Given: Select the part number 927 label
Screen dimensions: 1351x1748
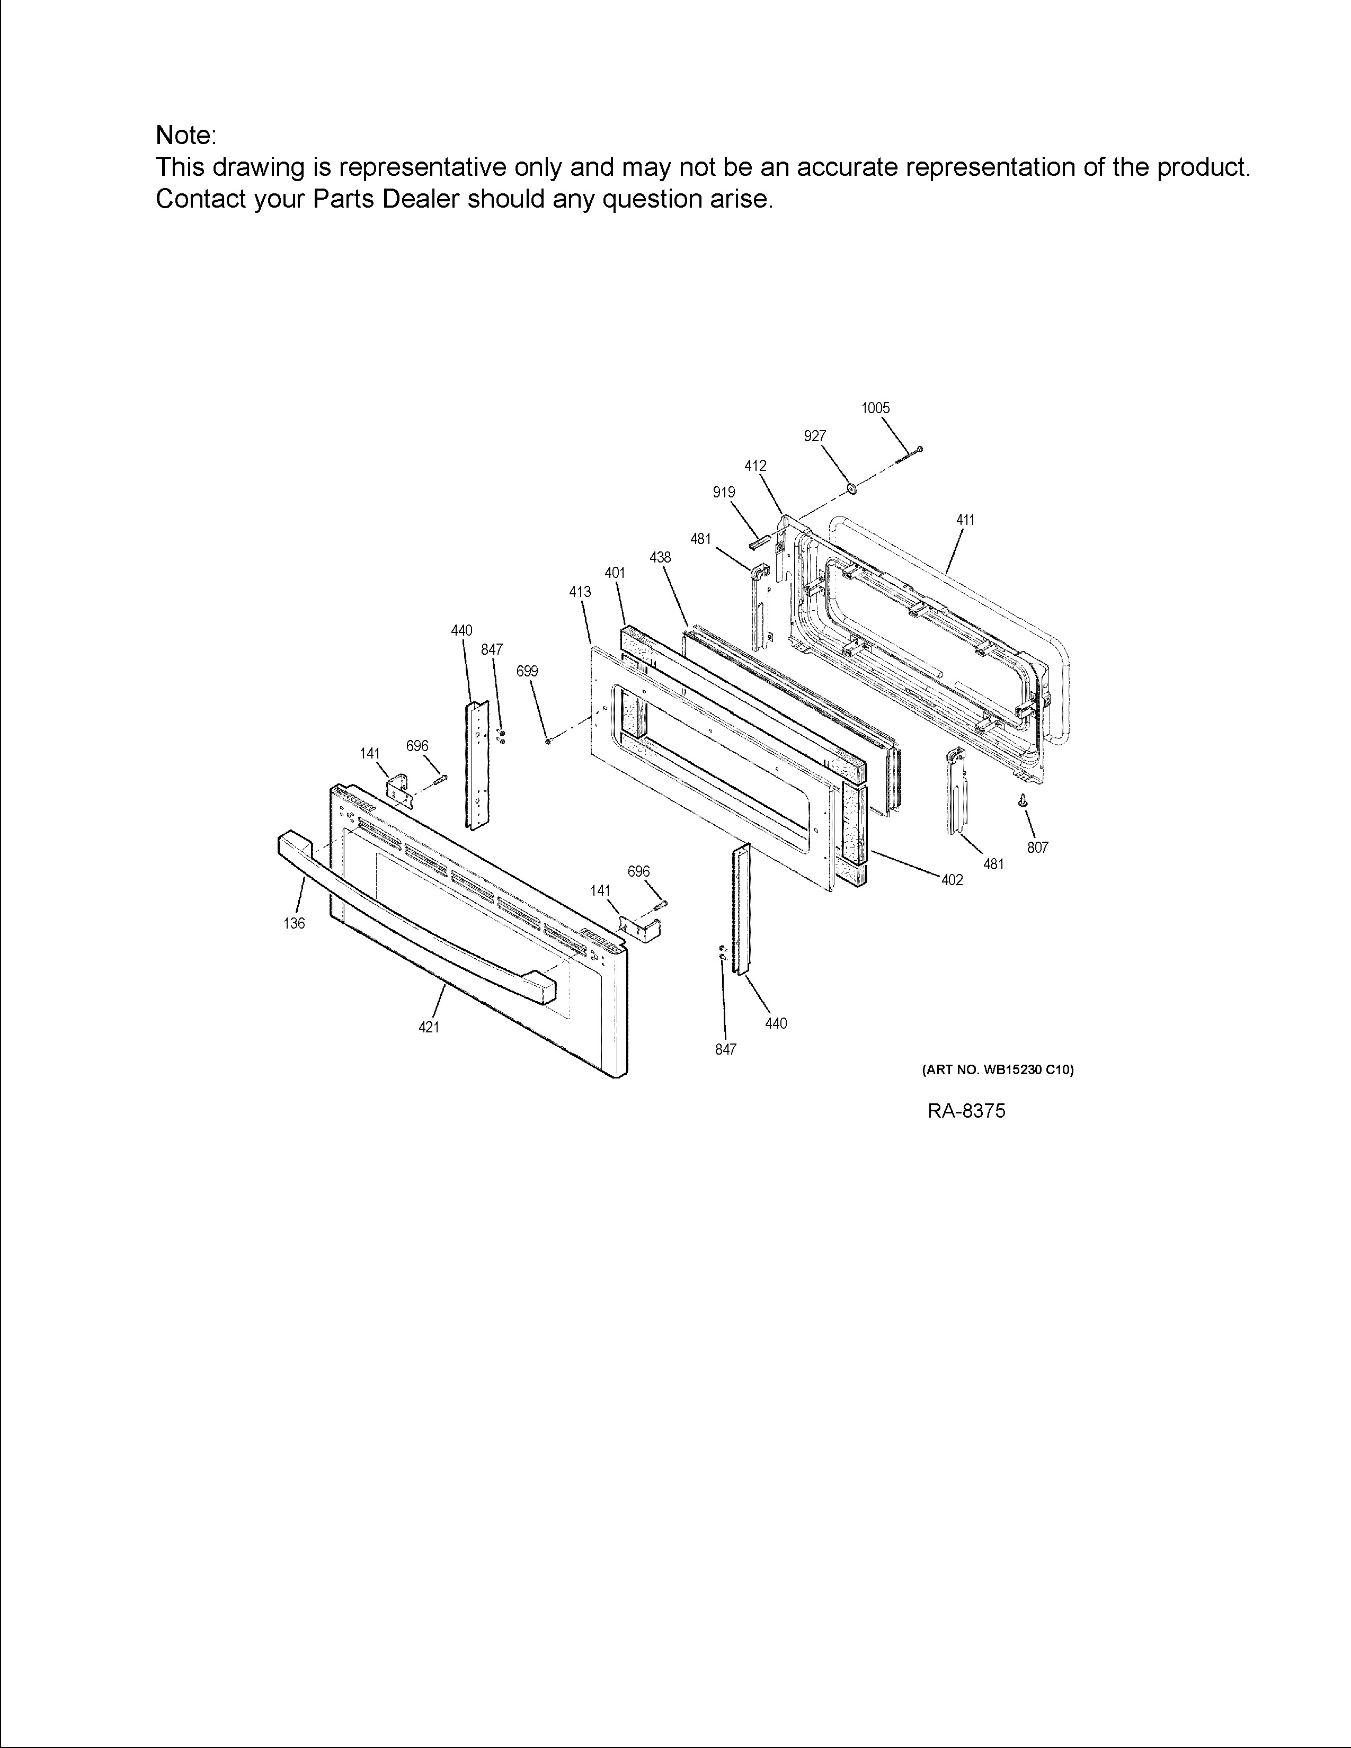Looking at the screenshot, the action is click(x=815, y=436).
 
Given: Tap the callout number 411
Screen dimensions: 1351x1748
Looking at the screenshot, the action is click(x=965, y=520).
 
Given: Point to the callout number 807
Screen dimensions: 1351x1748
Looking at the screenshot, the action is click(x=1037, y=848).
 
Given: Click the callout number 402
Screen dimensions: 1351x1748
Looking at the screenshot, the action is click(x=952, y=880).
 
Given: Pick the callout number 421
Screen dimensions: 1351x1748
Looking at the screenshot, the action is click(x=429, y=1028).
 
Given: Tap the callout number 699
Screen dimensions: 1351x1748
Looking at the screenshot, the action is click(x=527, y=672).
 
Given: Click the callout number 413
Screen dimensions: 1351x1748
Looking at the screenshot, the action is click(x=580, y=592).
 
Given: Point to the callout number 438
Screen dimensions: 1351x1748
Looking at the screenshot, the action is click(x=660, y=558).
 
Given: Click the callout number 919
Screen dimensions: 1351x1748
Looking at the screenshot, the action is click(x=724, y=493).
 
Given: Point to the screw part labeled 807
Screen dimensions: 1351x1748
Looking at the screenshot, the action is click(x=1023, y=800).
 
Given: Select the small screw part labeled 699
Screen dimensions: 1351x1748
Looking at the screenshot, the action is click(x=547, y=741).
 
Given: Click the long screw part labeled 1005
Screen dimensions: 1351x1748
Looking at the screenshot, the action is click(x=912, y=454).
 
